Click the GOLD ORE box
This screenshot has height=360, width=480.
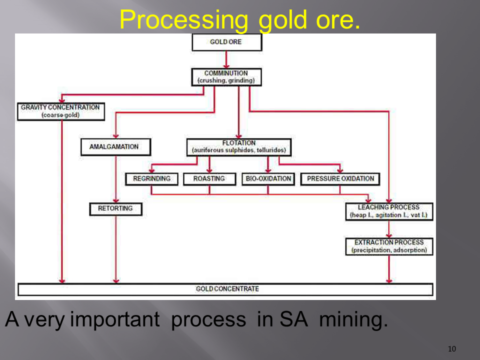pyautogui.click(x=226, y=42)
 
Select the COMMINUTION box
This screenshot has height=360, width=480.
pyautogui.click(x=226, y=76)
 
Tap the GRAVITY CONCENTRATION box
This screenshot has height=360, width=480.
pyautogui.click(x=60, y=111)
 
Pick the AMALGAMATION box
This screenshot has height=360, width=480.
pyautogui.click(x=116, y=147)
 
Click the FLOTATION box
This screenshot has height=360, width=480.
pyautogui.click(x=238, y=146)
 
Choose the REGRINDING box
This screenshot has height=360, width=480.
pyautogui.click(x=151, y=178)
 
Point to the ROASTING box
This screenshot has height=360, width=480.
pyautogui.click(x=209, y=178)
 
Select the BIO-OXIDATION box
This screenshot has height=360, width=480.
pyautogui.click(x=267, y=178)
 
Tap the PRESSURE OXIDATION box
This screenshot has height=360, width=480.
pyautogui.click(x=340, y=178)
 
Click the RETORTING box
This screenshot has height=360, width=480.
pyautogui.click(x=115, y=208)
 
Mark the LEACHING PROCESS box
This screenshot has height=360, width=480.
pyautogui.click(x=389, y=211)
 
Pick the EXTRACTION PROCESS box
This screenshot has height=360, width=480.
pyautogui.click(x=389, y=246)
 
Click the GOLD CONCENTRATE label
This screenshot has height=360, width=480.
pyautogui.click(x=227, y=289)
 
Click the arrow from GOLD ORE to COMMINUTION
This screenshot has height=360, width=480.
pyautogui.click(x=226, y=59)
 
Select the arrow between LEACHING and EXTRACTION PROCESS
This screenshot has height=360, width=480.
pyautogui.click(x=389, y=228)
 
